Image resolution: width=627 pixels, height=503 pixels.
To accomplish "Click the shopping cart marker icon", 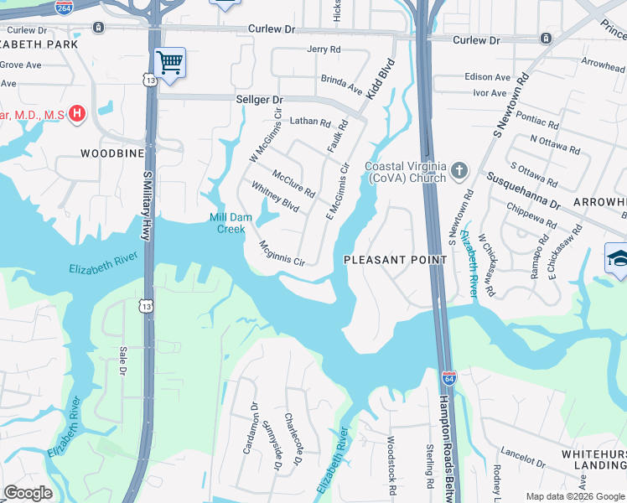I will pos(170,62).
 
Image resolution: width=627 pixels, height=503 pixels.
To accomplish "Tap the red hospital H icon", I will pos(77,113).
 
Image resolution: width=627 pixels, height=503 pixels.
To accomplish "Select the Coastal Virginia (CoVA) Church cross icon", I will pos(459,171).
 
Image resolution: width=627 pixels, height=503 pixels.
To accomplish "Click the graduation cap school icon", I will pos(617,257).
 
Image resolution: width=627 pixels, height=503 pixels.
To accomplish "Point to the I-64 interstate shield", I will pos(449,378).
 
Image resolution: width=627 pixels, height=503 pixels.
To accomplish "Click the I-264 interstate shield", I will pos(64,7).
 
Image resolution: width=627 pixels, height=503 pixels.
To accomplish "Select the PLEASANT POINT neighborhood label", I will pos(396,260).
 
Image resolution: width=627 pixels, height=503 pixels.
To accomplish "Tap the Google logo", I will pos(28,493).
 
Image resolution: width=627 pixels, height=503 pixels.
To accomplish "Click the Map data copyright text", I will pos(573,496).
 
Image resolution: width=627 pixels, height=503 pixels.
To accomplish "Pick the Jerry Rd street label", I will pos(324,50).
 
